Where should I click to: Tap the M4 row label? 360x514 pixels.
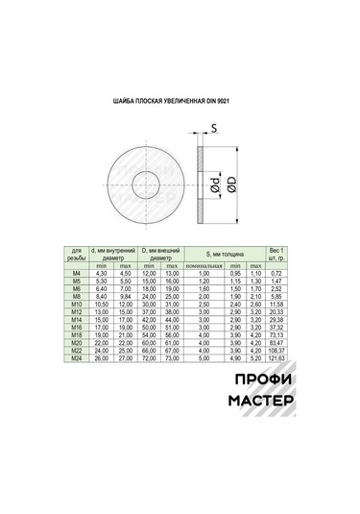[x=77, y=274]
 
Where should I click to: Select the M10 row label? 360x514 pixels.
[x=77, y=305]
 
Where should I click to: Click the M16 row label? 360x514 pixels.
[x=77, y=328]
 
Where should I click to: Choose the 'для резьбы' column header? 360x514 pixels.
[x=77, y=257]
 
